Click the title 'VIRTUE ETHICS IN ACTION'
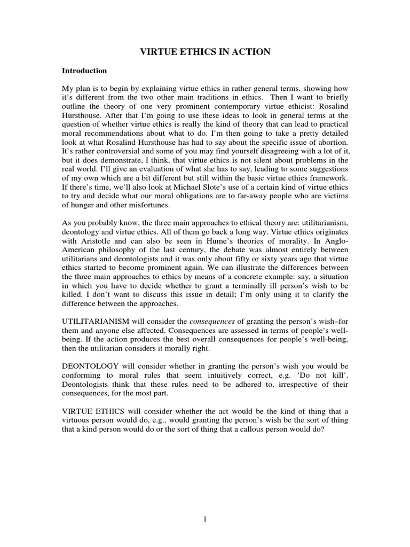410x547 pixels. (205, 52)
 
